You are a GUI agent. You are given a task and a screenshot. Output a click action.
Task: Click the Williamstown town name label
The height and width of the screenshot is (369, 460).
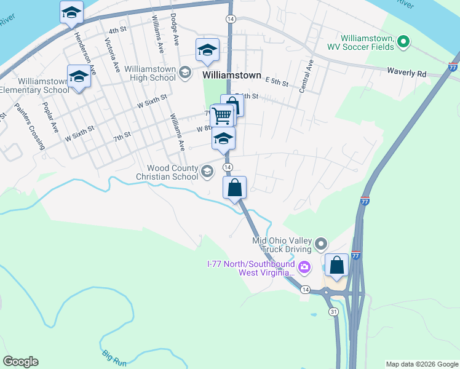pos(232,74)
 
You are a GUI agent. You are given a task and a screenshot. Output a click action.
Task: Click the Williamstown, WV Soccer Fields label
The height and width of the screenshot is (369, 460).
pos(360,42)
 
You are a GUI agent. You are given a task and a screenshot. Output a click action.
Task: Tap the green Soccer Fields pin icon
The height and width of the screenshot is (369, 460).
pos(403,42)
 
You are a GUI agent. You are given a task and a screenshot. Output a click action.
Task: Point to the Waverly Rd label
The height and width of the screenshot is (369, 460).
pos(406,73)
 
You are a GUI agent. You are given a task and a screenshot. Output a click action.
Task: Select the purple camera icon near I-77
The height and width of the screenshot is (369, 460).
pos(304,268)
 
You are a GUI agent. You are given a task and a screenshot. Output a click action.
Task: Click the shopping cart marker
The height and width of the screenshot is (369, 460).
pos(221,115)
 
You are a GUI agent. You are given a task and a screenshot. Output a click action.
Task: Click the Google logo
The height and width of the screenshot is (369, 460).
pos(20,362)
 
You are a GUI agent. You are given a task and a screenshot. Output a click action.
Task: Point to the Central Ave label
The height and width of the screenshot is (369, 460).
pos(306,76)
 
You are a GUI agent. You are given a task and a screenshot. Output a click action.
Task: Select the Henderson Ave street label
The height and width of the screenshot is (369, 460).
pos(85,54)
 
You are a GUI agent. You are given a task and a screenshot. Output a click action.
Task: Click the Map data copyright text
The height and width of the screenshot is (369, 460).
pos(421,364)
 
